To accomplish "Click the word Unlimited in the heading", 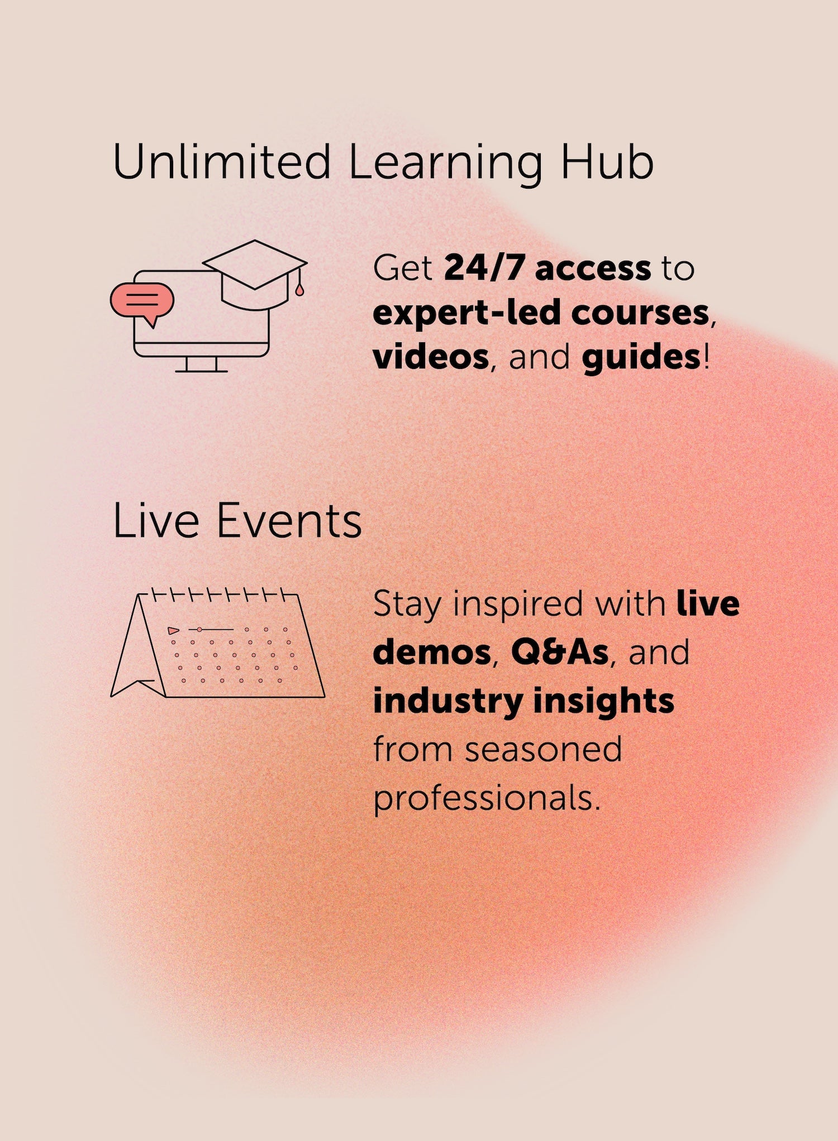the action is coord(222,161).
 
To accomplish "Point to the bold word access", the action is coord(593,269).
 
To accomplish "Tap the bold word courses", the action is coord(640,314).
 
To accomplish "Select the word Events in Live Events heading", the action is coord(289,521).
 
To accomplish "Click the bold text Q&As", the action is coord(559,651).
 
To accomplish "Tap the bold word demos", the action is coord(432,652).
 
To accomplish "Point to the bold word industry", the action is coord(447,702).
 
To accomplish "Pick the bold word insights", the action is coord(603,702).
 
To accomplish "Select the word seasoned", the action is coord(543,749).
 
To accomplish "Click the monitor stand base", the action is coord(201,371).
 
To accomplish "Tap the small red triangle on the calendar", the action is coord(173,631).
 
